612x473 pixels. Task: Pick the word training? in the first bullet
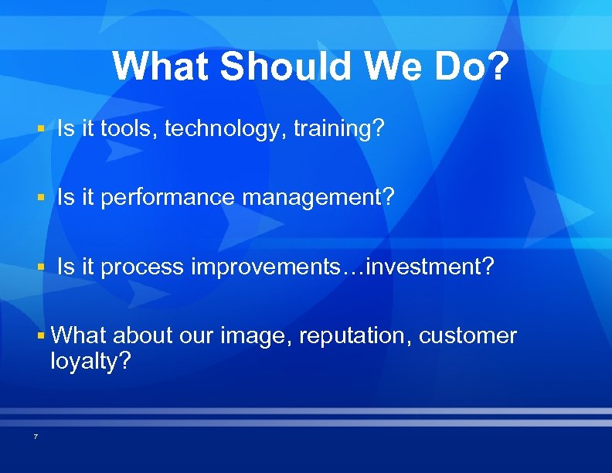click(338, 129)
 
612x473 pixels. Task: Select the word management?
click(318, 198)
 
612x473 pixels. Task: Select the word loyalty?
click(90, 361)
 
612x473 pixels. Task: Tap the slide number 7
click(36, 437)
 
